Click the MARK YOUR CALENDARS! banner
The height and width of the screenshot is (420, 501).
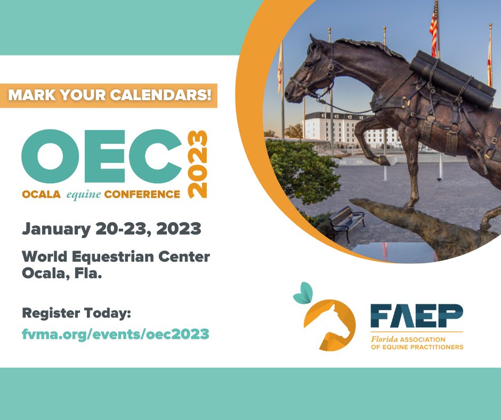[109, 95]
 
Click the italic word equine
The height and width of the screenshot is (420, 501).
[83, 195]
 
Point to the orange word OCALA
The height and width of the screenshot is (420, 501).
[42, 195]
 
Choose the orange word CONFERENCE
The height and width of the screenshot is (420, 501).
[142, 195]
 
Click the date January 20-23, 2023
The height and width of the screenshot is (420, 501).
[111, 229]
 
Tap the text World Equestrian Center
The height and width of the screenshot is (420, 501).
[116, 256]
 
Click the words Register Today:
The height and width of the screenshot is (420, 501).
[76, 313]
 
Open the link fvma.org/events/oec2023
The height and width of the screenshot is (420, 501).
[115, 334]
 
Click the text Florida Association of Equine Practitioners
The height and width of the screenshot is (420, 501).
[416, 343]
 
